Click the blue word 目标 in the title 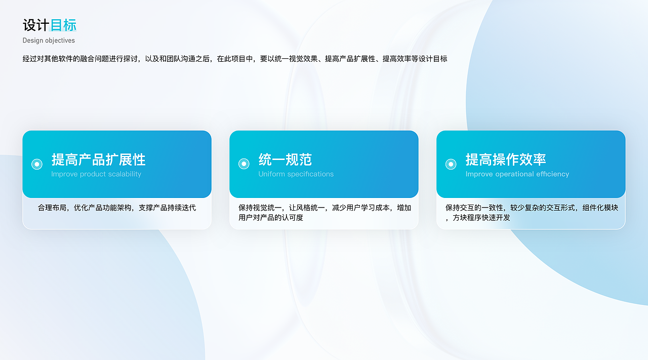coord(63,25)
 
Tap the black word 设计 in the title coord(36,25)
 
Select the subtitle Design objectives coord(49,41)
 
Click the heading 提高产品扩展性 coord(98,159)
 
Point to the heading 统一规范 coord(285,159)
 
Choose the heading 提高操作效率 coord(506,159)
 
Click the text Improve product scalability coord(96,174)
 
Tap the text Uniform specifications coord(296,174)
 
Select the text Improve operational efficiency coord(517,174)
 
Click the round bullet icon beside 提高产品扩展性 coord(37,164)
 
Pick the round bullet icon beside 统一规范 coord(244,164)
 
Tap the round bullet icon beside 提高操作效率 coord(451,164)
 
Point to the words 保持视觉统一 coord(260,208)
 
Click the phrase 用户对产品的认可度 coord(271,218)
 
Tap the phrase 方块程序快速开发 coord(480,218)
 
